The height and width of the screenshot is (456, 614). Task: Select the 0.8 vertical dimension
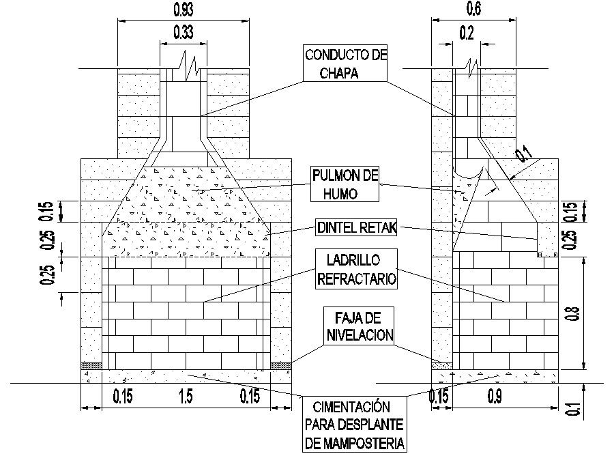[574, 314]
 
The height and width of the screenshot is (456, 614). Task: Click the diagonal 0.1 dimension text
[523, 155]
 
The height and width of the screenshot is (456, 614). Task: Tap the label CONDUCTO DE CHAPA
[345, 63]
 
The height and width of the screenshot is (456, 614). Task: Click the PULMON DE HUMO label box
[345, 184]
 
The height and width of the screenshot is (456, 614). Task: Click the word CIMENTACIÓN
[355, 406]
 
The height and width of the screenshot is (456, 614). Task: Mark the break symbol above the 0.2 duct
[471, 66]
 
